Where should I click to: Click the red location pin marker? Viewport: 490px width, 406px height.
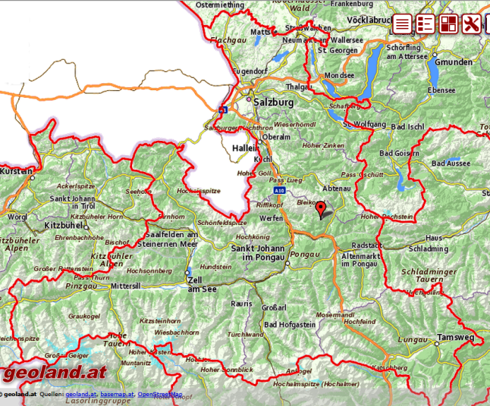[321, 209]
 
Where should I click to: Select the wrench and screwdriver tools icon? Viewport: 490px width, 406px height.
[471, 23]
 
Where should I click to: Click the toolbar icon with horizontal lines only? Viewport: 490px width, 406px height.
[402, 23]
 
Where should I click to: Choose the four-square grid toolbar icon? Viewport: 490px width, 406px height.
[448, 23]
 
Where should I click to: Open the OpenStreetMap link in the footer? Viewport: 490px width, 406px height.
[159, 394]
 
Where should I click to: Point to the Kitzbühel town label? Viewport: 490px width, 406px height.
[66, 226]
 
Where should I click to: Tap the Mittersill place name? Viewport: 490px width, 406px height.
[126, 287]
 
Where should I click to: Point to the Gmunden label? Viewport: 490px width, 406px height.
[454, 61]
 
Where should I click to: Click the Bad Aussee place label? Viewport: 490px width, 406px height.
[451, 163]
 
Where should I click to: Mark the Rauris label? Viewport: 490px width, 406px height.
[241, 303]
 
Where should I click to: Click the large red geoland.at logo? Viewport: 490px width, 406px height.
[54, 372]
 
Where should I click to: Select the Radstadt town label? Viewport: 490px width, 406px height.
[367, 245]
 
